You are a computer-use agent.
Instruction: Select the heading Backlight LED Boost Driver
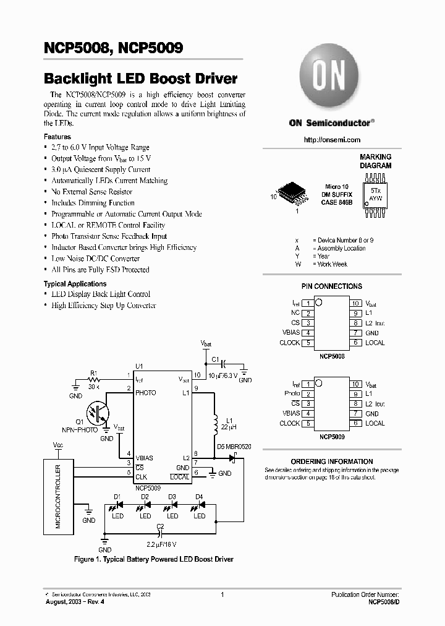click(x=140, y=79)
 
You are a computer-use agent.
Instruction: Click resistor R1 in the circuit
click(x=95, y=380)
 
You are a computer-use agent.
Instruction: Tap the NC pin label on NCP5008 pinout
click(x=295, y=313)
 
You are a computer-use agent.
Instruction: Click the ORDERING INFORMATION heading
click(x=332, y=461)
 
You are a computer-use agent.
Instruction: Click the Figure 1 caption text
click(x=153, y=559)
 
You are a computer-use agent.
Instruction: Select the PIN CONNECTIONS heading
click(x=331, y=286)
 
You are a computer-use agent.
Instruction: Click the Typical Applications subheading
click(x=75, y=284)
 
